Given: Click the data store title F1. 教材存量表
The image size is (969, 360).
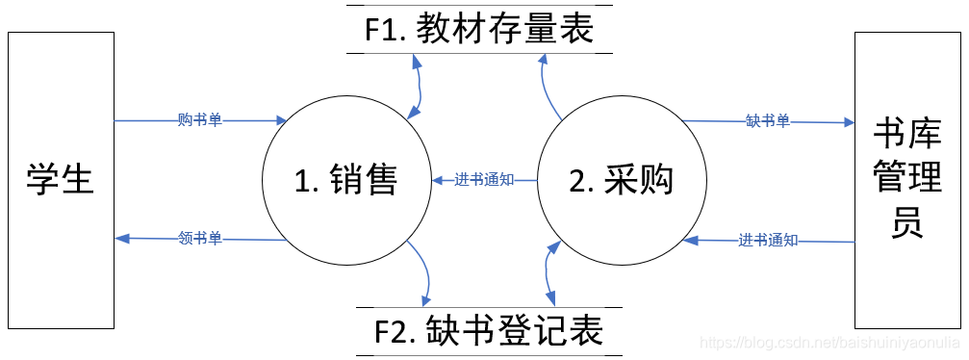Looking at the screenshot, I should coord(478,31).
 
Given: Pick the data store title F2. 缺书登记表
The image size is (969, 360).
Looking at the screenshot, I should coord(488,332).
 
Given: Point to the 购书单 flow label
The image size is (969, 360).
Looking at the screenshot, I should coord(200,120).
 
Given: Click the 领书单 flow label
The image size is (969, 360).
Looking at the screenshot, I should coord(200,238).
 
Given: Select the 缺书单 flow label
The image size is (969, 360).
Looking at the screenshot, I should coord(767,121).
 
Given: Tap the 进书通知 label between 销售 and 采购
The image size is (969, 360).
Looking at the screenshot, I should coord(483,180).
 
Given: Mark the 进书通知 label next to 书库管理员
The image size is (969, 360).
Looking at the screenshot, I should coord(769,240).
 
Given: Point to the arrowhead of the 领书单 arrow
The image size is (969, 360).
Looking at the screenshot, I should coord(120,238).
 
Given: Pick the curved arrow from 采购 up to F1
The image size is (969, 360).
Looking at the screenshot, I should coord(546,87).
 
